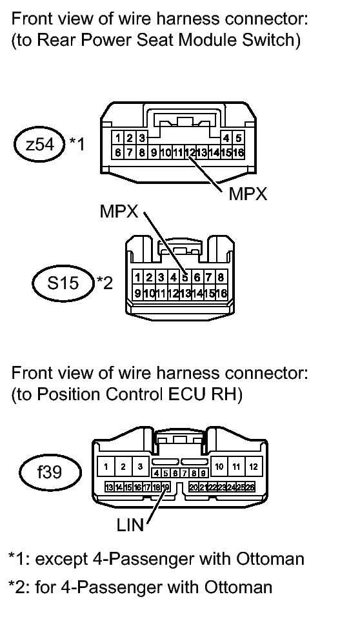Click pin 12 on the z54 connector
[190, 152]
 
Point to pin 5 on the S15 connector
[185, 278]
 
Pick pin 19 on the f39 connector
[166, 487]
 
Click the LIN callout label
[130, 525]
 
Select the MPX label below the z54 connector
[248, 194]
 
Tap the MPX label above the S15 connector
[119, 212]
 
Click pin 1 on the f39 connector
[106, 467]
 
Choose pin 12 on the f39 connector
[254, 467]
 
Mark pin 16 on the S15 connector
[221, 293]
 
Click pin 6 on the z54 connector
[117, 152]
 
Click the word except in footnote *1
[61, 560]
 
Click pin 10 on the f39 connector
[219, 467]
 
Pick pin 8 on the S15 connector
[221, 278]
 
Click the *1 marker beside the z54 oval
[77, 144]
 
